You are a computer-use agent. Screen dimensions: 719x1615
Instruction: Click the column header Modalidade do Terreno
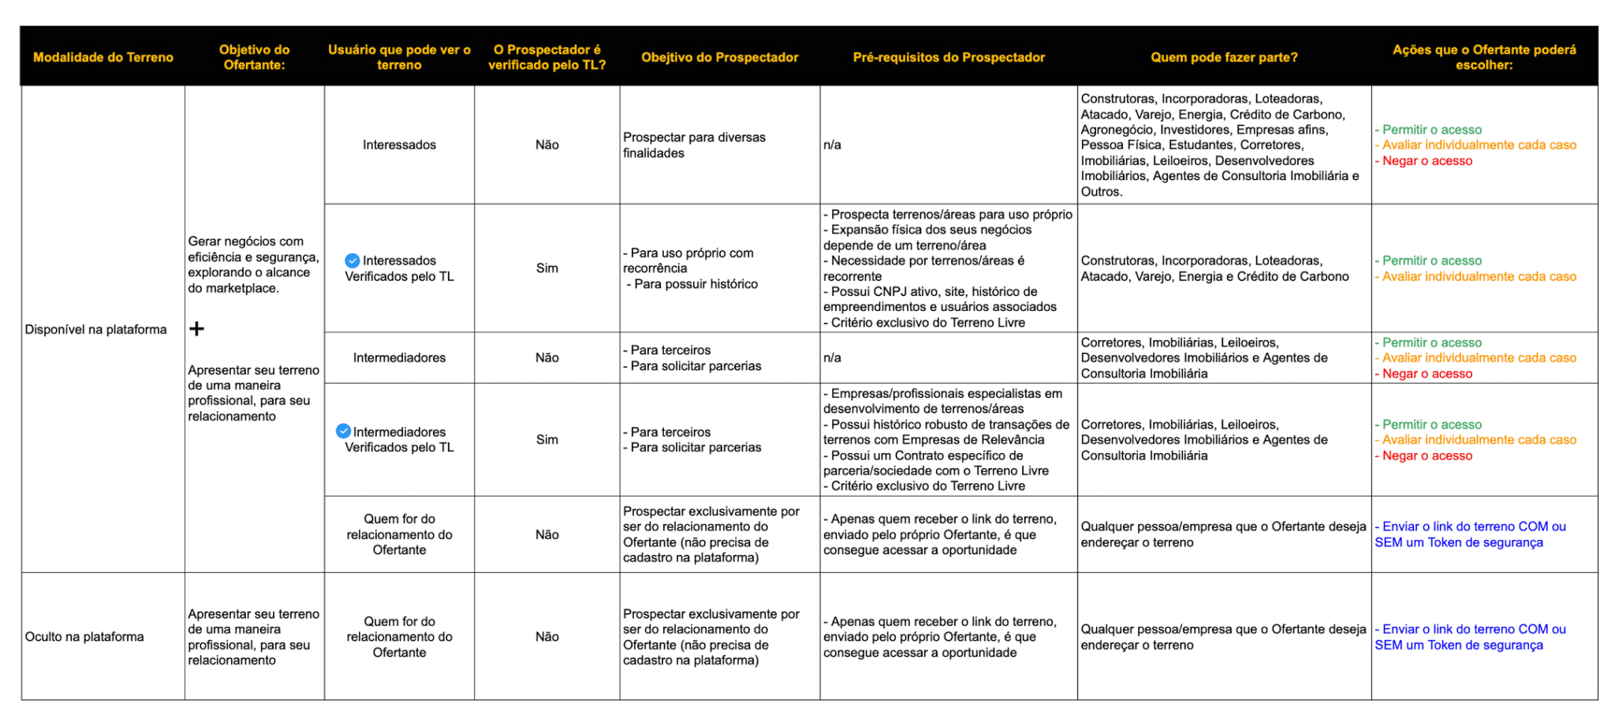pyautogui.click(x=103, y=57)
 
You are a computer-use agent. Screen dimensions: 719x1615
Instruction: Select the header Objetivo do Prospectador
pyautogui.click(x=719, y=57)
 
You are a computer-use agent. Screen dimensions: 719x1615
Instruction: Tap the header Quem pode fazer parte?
pyautogui.click(x=1224, y=57)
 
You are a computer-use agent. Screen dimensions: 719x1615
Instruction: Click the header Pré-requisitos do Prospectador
pyautogui.click(x=949, y=57)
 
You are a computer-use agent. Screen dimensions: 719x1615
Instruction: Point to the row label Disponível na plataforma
pyautogui.click(x=95, y=329)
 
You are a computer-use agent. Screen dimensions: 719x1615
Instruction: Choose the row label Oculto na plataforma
pyautogui.click(x=84, y=636)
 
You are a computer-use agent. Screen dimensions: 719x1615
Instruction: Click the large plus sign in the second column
pyautogui.click(x=196, y=328)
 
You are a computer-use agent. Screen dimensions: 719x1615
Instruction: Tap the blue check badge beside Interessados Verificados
pyautogui.click(x=352, y=260)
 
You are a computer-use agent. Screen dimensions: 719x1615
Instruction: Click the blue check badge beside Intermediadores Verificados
pyautogui.click(x=343, y=431)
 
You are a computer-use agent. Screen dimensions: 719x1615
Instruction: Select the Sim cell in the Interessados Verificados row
pyautogui.click(x=546, y=268)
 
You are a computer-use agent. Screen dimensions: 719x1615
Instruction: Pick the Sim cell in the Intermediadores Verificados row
pyautogui.click(x=546, y=440)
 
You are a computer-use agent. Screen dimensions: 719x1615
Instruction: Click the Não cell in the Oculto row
pyautogui.click(x=546, y=636)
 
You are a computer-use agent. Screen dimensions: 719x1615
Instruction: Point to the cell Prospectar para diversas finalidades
pyautogui.click(x=694, y=144)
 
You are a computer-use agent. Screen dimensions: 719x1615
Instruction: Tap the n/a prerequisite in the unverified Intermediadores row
pyautogui.click(x=832, y=358)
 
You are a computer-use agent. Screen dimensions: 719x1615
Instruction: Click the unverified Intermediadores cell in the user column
pyautogui.click(x=399, y=358)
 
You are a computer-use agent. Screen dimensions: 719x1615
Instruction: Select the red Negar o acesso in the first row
pyautogui.click(x=1427, y=160)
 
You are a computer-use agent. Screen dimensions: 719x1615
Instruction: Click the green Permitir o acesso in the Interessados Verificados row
pyautogui.click(x=1431, y=260)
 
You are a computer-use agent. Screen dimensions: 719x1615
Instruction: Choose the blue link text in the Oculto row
pyautogui.click(x=1470, y=637)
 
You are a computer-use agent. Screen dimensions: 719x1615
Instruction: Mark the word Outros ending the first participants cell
pyautogui.click(x=1101, y=191)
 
